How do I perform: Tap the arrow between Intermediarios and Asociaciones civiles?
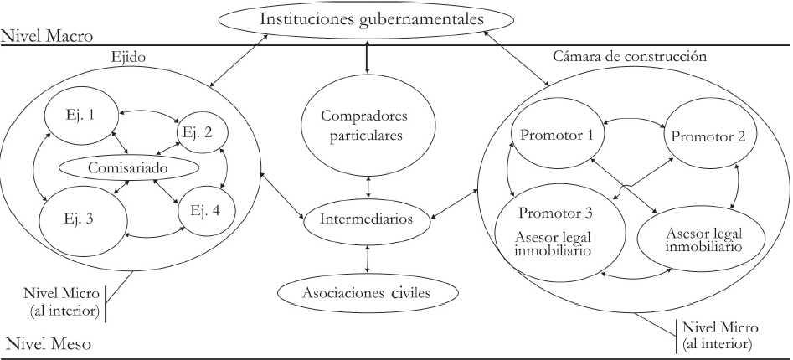368,259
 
